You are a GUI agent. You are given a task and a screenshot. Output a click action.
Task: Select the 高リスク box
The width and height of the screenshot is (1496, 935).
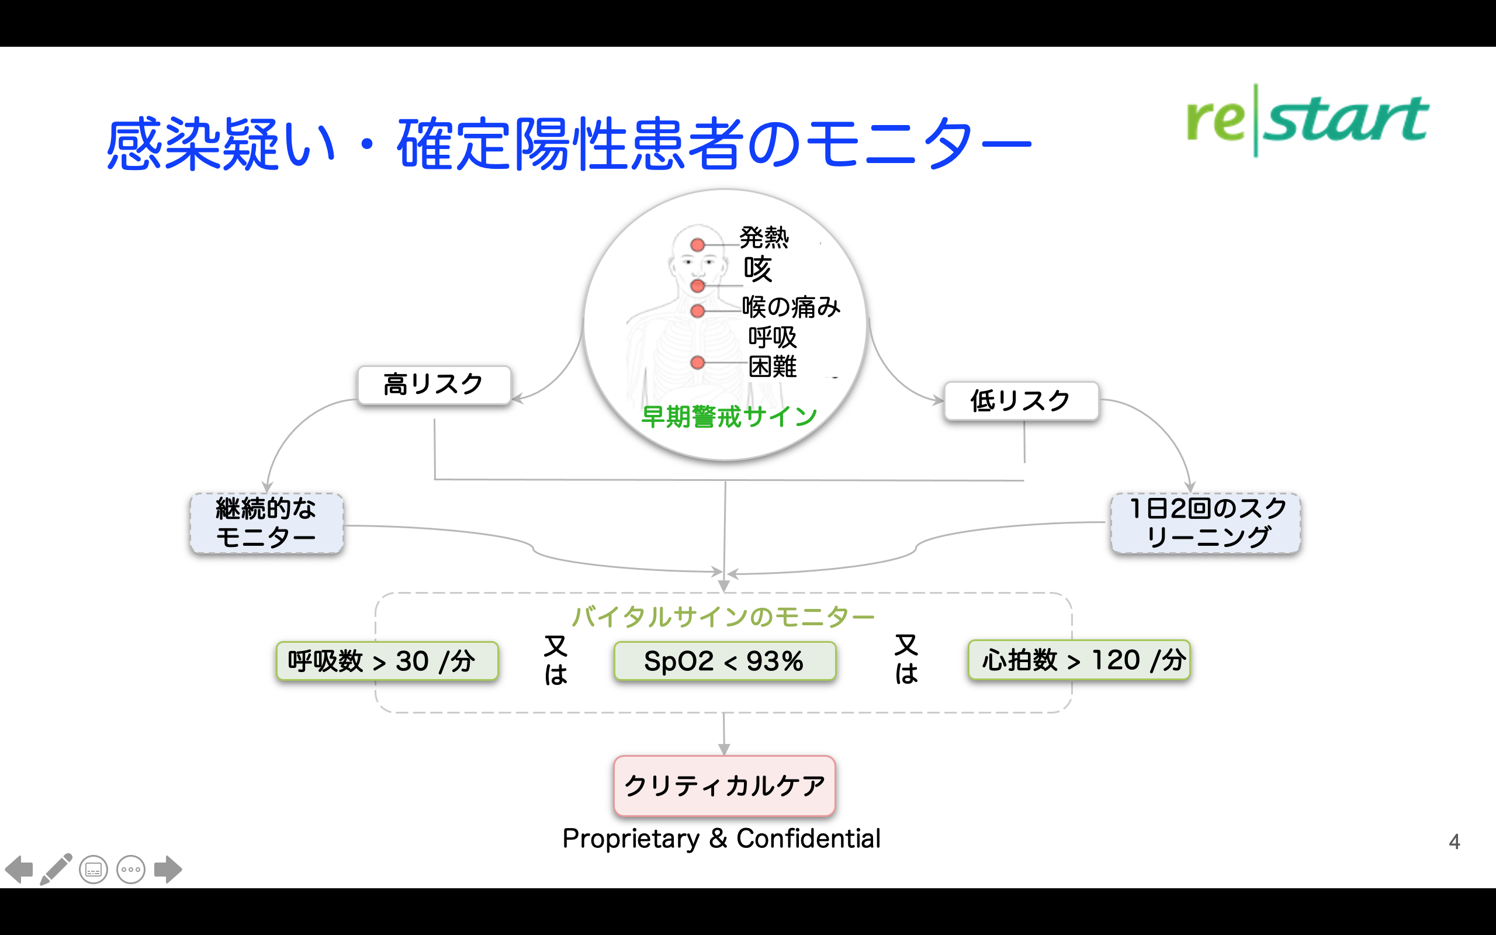[x=434, y=385]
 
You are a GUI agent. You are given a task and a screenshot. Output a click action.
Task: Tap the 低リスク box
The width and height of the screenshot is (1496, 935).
[x=1021, y=401]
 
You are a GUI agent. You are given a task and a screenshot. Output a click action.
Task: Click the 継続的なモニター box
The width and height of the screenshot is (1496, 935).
[x=266, y=522]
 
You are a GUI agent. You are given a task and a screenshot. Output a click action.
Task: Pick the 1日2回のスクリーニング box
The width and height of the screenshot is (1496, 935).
[x=1206, y=522]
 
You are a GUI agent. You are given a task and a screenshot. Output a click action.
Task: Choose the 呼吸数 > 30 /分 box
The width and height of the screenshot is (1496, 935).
[x=387, y=661]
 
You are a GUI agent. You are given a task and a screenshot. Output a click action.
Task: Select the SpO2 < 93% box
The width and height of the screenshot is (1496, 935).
[x=725, y=661]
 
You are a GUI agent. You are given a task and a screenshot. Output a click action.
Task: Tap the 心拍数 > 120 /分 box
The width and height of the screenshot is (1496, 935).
[x=1079, y=660]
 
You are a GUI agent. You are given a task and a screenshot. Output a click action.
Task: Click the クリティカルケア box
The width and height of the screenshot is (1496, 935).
[x=725, y=785]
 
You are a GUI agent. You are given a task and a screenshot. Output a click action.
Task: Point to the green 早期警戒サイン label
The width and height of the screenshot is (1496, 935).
[x=729, y=416]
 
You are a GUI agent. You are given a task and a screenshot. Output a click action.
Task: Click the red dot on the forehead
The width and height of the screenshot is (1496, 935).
[x=698, y=245]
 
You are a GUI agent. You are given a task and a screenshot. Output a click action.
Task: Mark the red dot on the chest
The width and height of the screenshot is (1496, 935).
[x=698, y=362]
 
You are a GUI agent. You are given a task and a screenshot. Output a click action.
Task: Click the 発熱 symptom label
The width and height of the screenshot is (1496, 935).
[x=764, y=237]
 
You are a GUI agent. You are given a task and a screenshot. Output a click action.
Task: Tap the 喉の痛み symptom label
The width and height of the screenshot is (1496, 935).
[x=791, y=307]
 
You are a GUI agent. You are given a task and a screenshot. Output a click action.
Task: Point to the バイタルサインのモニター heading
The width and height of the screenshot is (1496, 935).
[x=723, y=617]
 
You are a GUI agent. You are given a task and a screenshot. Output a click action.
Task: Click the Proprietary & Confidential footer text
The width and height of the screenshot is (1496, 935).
[x=722, y=839]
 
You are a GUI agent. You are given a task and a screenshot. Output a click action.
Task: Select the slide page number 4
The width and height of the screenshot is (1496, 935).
[x=1455, y=841]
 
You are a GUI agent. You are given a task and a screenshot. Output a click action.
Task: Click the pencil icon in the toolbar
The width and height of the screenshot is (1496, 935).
[x=56, y=869]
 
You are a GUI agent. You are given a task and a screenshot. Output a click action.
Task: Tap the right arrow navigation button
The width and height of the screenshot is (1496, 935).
[x=168, y=870]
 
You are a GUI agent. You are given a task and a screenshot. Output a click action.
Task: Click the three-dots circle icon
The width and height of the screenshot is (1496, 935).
[x=131, y=870]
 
